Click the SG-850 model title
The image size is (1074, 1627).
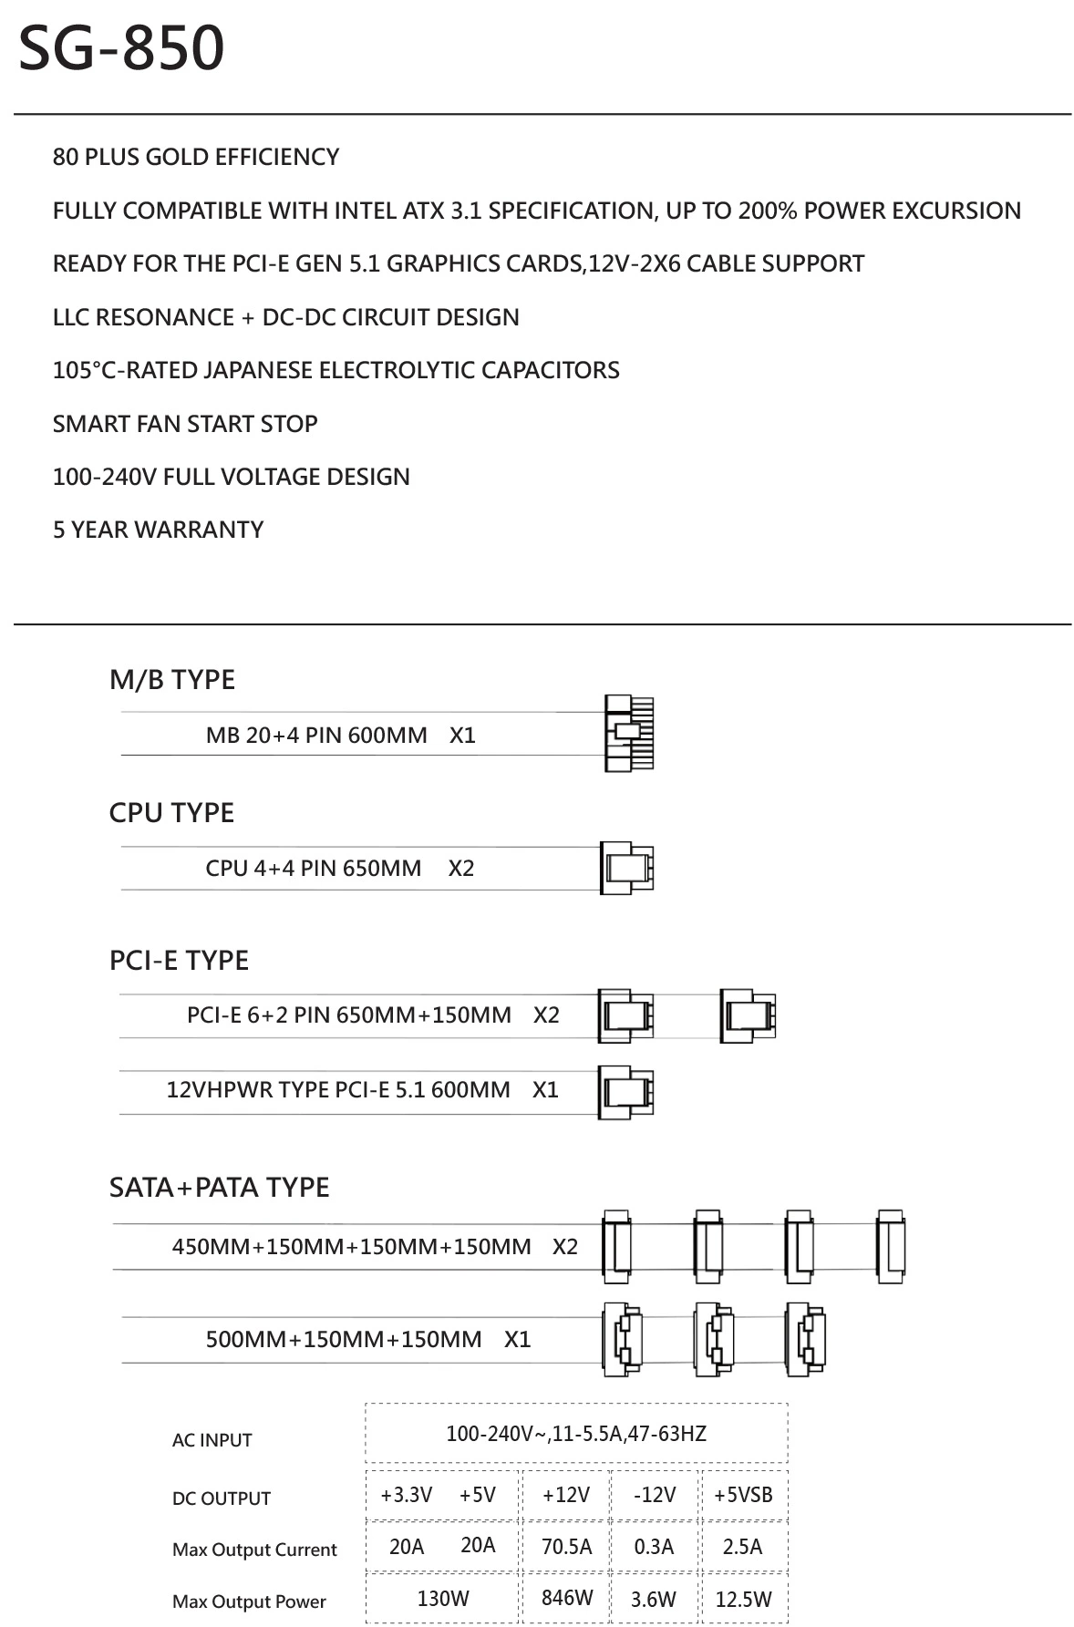tap(121, 48)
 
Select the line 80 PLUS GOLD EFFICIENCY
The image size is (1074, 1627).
tap(196, 157)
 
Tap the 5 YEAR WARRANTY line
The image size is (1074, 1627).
tap(158, 530)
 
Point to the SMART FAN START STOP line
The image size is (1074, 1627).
tap(185, 424)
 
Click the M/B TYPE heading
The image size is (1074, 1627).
tap(172, 680)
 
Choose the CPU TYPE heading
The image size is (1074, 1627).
tap(171, 813)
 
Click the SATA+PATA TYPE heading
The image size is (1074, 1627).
tap(219, 1188)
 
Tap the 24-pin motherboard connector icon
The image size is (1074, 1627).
tap(629, 733)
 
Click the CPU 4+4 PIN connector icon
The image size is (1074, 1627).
tap(627, 868)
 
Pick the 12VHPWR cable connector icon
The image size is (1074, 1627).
tap(626, 1091)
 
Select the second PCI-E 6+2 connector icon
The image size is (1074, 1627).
tap(748, 1015)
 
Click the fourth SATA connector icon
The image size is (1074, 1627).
tap(891, 1247)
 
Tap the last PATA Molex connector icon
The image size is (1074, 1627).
tap(806, 1339)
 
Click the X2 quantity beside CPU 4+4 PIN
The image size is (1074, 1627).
tap(461, 869)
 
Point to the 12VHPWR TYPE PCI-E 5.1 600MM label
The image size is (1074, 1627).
tap(338, 1090)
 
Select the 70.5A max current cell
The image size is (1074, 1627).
tap(566, 1547)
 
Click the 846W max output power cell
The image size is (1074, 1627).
tap(566, 1598)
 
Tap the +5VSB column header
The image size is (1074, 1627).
tap(743, 1495)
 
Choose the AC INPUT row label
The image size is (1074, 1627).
tap(212, 1440)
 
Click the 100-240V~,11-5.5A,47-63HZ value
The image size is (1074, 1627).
tap(576, 1434)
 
